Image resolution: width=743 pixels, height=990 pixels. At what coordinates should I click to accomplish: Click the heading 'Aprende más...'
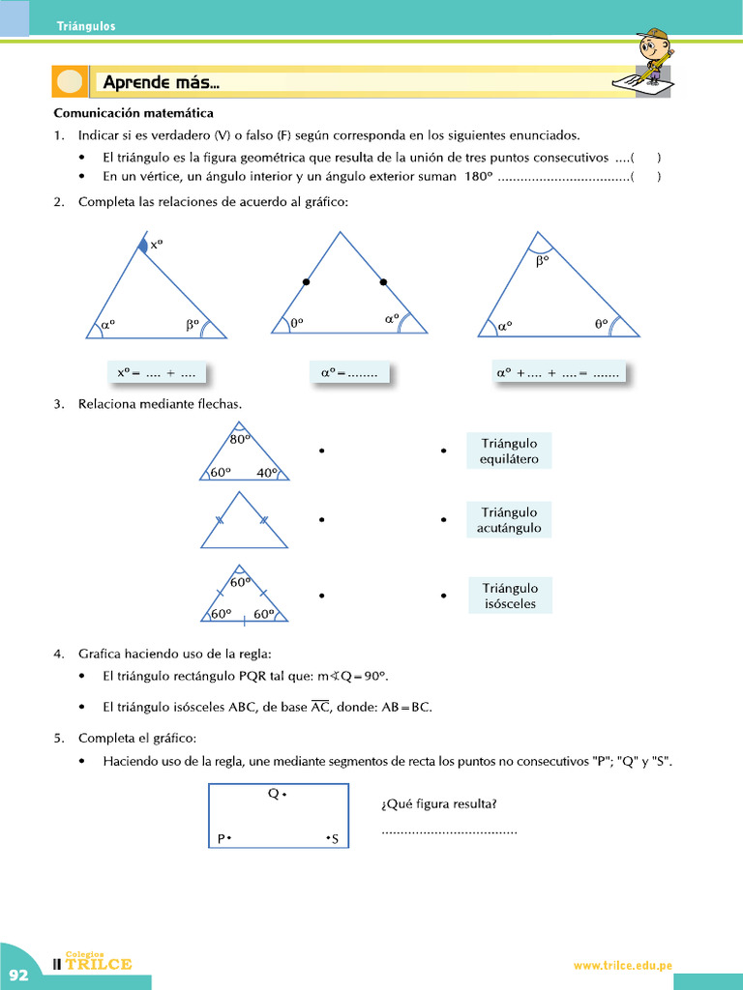[162, 83]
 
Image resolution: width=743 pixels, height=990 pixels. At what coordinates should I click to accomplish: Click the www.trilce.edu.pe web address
[622, 965]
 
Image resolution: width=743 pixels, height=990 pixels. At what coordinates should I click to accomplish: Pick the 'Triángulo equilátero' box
[509, 451]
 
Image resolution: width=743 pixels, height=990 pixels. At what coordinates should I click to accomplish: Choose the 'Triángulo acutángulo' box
[509, 520]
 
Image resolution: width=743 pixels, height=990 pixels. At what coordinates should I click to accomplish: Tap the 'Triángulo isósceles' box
[509, 596]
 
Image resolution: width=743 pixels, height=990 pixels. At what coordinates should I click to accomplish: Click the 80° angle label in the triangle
[240, 439]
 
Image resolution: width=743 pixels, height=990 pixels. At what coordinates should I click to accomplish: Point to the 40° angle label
[267, 473]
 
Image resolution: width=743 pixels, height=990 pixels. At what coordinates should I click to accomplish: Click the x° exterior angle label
[157, 246]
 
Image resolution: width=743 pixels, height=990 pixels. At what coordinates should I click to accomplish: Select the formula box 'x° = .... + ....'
[156, 372]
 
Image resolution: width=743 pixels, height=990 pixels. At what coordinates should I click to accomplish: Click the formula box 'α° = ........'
[348, 372]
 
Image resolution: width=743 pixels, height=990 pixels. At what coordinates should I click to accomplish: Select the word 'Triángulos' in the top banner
[85, 26]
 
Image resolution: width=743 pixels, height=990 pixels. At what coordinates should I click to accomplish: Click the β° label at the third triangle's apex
[543, 260]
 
